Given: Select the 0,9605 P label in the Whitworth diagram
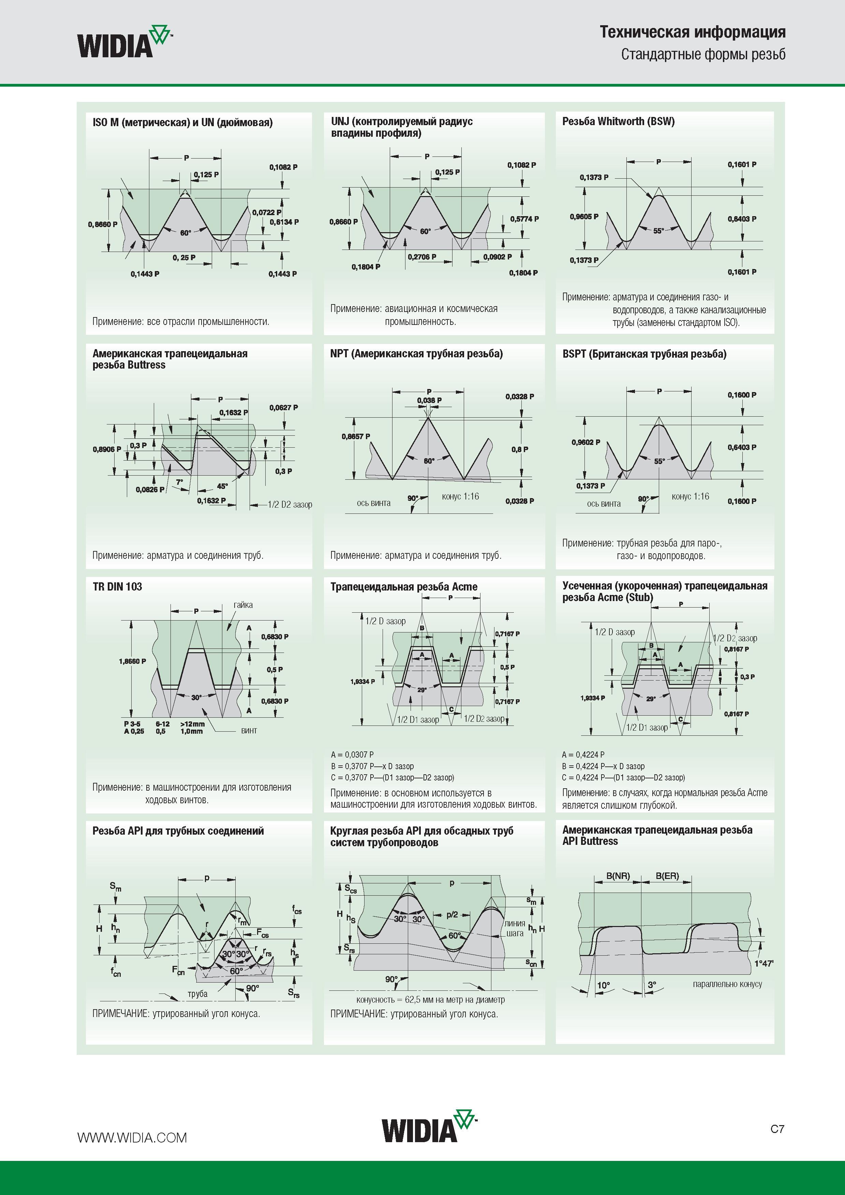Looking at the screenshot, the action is pyautogui.click(x=584, y=216).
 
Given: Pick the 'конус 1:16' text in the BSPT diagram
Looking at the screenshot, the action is pyautogui.click(x=691, y=496).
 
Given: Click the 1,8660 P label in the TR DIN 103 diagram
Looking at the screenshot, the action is pyautogui.click(x=133, y=661).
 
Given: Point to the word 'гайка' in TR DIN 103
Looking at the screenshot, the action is pyautogui.click(x=243, y=605).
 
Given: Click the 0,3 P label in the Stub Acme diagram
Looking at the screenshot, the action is pyautogui.click(x=747, y=677).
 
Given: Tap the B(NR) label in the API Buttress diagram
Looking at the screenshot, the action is pyautogui.click(x=618, y=876).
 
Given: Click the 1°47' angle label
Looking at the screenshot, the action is pyautogui.click(x=764, y=964).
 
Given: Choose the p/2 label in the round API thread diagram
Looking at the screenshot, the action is pyautogui.click(x=451, y=914).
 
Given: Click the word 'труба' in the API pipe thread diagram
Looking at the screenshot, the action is pyautogui.click(x=197, y=994).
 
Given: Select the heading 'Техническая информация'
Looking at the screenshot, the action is pyautogui.click(x=693, y=32).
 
